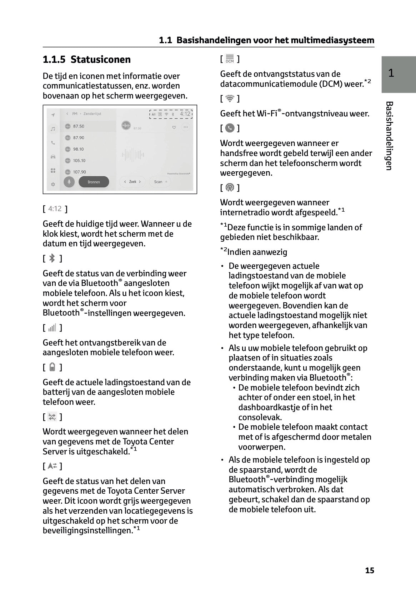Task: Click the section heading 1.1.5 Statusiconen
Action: [x=86, y=59]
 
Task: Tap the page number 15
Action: [x=370, y=570]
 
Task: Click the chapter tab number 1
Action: [x=391, y=73]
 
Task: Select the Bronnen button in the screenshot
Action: [x=94, y=182]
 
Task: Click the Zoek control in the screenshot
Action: [x=132, y=182]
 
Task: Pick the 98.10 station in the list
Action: [x=78, y=149]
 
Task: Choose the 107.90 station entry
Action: [x=79, y=172]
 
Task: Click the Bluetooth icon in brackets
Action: [x=52, y=258]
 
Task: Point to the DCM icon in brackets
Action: [x=230, y=59]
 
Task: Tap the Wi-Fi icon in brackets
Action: [x=230, y=99]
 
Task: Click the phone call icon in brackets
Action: [x=230, y=128]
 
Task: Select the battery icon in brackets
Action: [x=52, y=367]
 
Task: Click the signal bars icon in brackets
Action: [x=52, y=328]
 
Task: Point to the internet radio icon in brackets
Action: [x=230, y=187]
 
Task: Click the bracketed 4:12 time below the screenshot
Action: [x=55, y=209]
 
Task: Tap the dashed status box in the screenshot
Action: [x=171, y=114]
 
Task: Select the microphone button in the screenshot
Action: [x=69, y=182]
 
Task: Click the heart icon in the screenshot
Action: [x=174, y=127]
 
